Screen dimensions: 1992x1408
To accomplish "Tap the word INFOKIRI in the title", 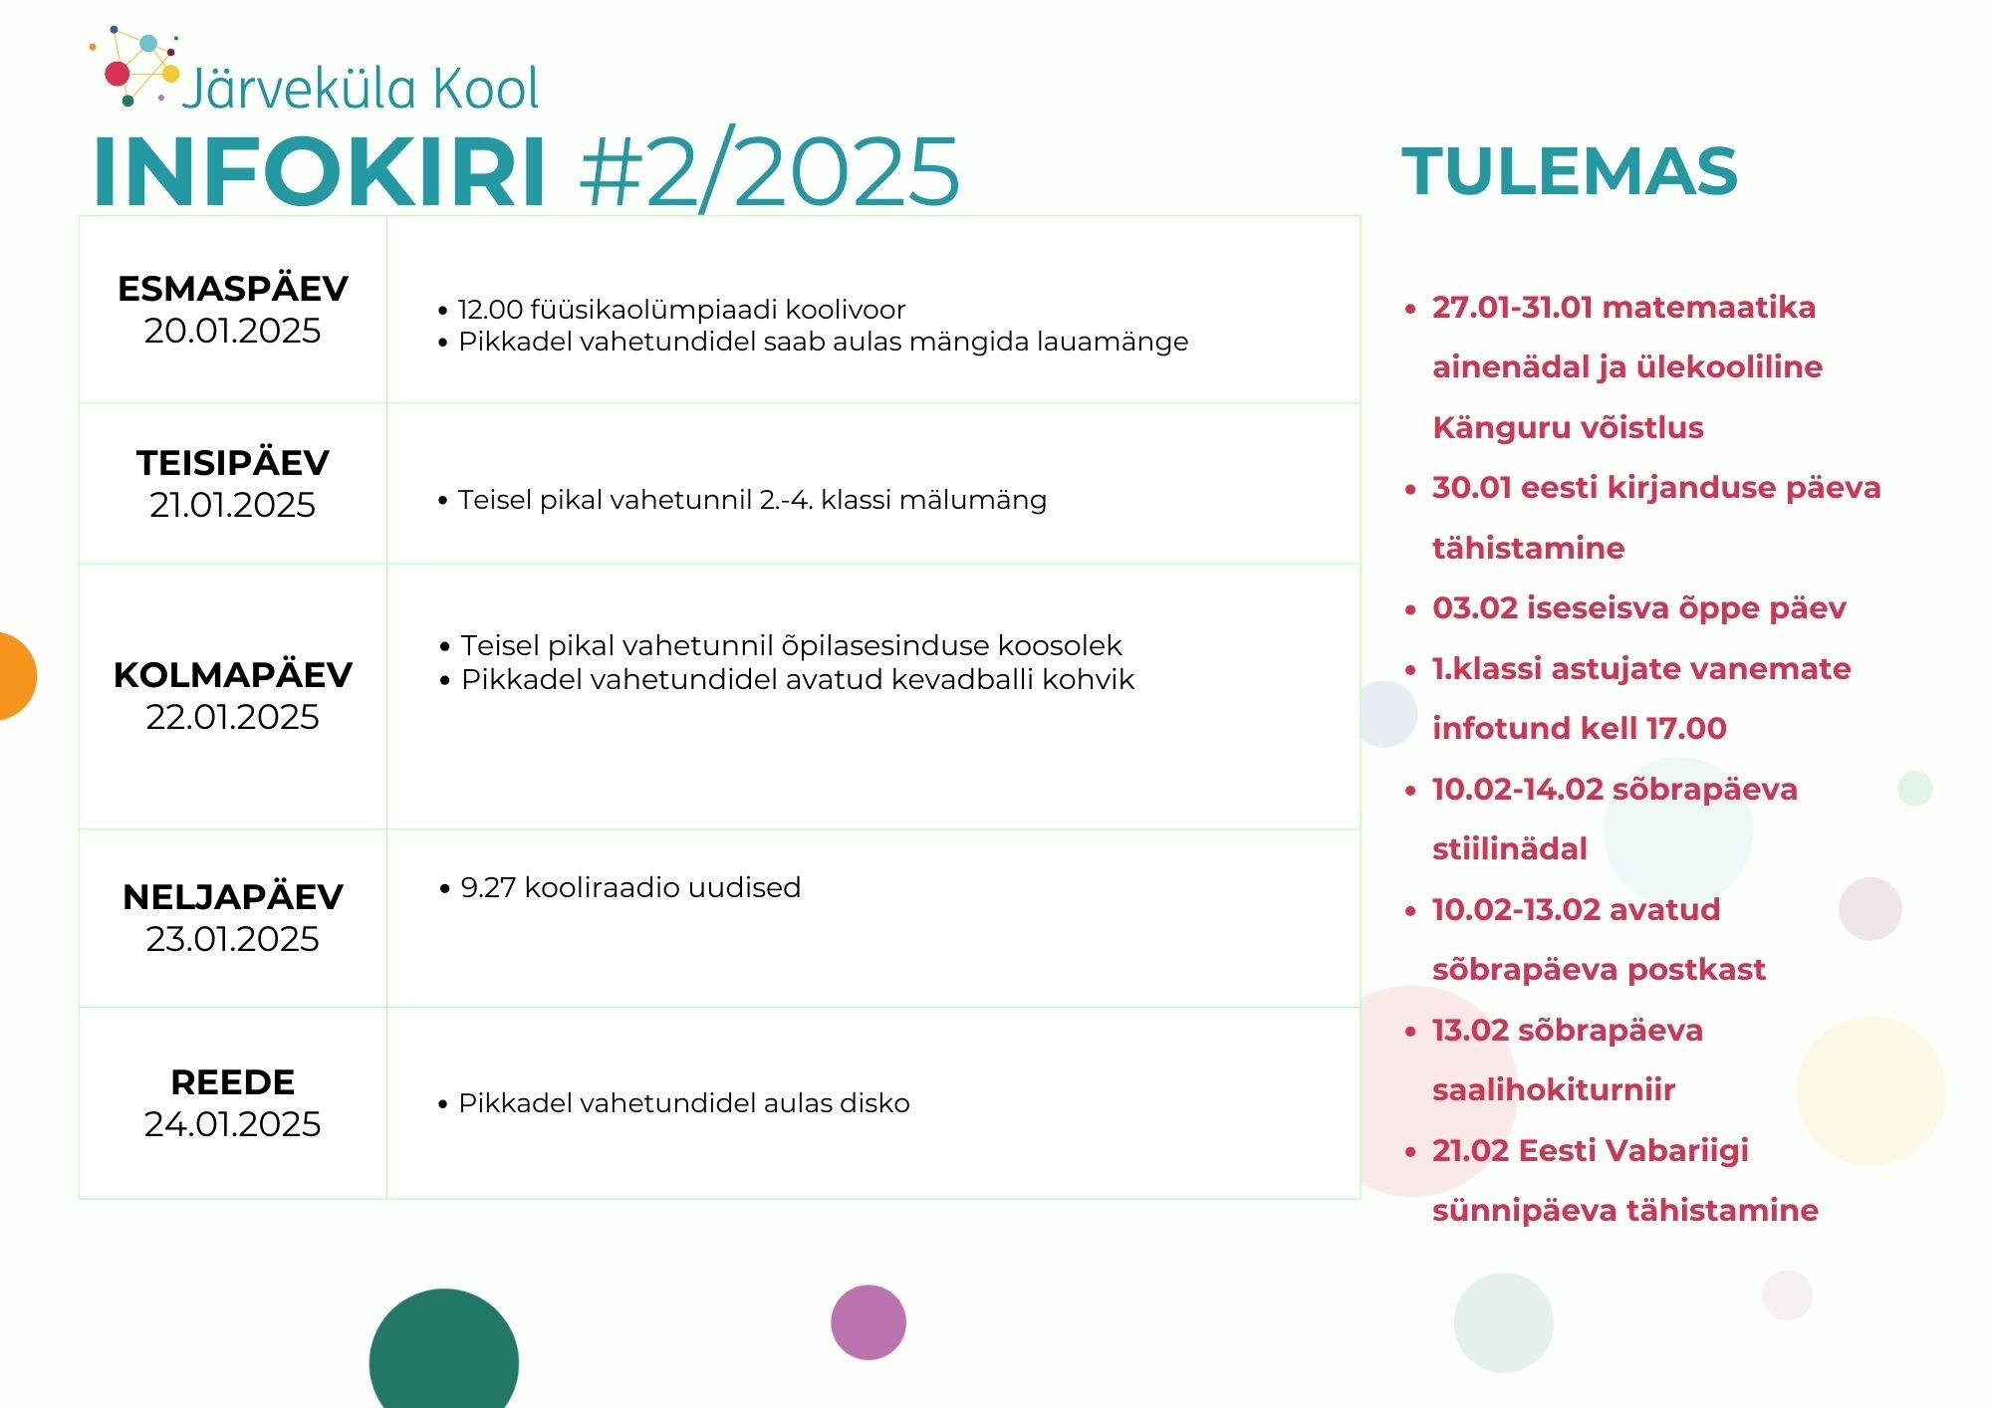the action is coord(320,171).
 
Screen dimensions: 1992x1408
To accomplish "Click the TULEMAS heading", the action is coord(1570,171).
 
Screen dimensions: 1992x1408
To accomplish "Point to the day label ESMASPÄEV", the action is coord(233,289).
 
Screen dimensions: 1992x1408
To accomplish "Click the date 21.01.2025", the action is coord(233,505).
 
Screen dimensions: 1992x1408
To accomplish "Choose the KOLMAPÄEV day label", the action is coord(233,675).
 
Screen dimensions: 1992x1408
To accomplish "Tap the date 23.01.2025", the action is coord(233,939).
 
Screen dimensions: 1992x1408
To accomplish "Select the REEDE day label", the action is coord(233,1082).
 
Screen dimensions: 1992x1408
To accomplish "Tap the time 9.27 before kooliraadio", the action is coord(488,887).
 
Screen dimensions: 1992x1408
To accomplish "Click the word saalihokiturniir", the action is coord(1554,1090).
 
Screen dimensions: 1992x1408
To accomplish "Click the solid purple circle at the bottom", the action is coord(869,1322).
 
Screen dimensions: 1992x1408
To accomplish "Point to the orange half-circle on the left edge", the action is coord(15,676).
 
